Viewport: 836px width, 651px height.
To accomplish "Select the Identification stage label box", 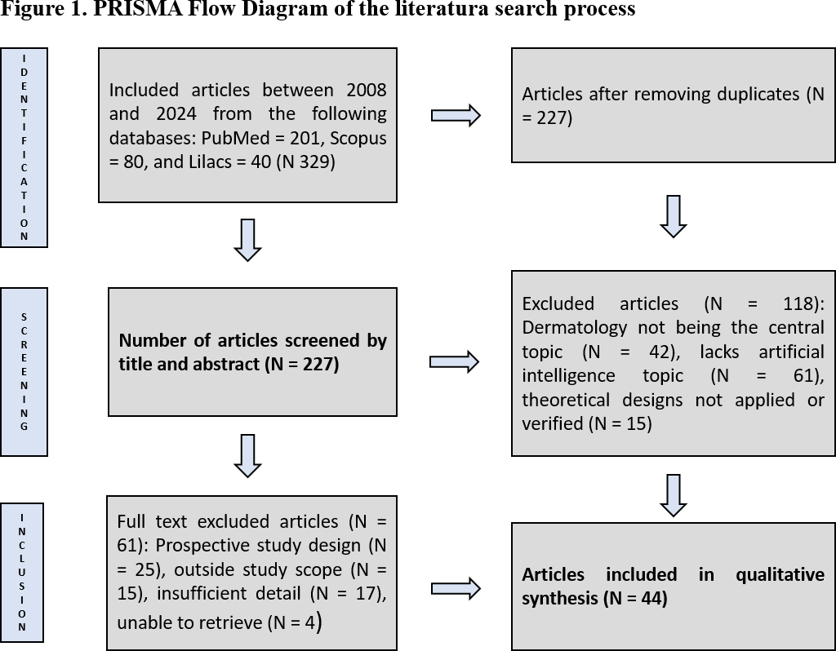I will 24,147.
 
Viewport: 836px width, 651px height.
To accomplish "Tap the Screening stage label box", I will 24,371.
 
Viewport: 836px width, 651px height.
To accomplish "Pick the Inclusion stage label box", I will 22,572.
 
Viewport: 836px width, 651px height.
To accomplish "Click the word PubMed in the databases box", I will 283,138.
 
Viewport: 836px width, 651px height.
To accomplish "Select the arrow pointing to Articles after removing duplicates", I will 456,116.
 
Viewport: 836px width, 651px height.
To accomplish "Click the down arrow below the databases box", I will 247,240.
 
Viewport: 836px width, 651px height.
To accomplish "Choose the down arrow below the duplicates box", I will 673,216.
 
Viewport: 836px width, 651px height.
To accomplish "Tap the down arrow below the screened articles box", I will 247,455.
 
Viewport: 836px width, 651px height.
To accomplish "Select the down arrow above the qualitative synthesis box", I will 673,495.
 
